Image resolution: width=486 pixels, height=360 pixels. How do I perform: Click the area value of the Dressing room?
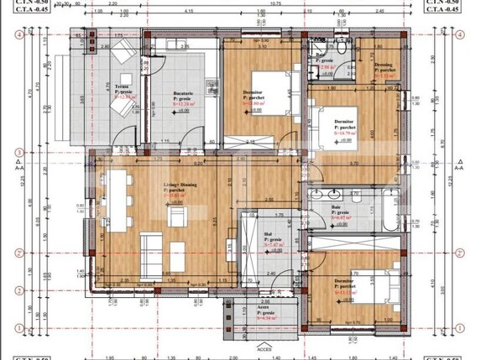384,75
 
